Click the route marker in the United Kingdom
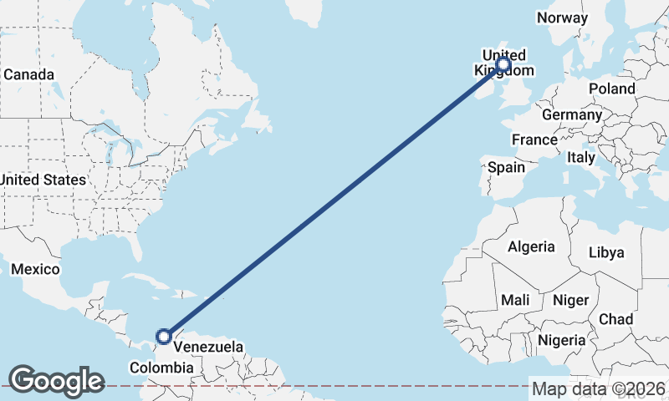tap(503, 64)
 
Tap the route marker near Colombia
tap(164, 337)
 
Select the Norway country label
tap(563, 18)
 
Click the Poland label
tap(611, 89)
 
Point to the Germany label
tap(571, 114)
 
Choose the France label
tap(534, 140)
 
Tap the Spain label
tap(506, 167)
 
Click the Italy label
tap(580, 157)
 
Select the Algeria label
tap(531, 246)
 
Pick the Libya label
tap(606, 252)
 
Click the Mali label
tap(515, 300)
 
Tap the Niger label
tap(571, 300)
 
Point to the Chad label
tap(615, 319)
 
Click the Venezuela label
tap(209, 347)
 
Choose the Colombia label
tap(162, 368)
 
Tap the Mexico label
tap(35, 269)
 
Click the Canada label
tap(28, 74)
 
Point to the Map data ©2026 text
tap(599, 388)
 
